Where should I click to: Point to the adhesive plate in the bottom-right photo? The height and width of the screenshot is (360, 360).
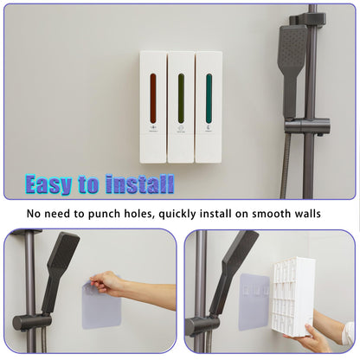tap(252, 301)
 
